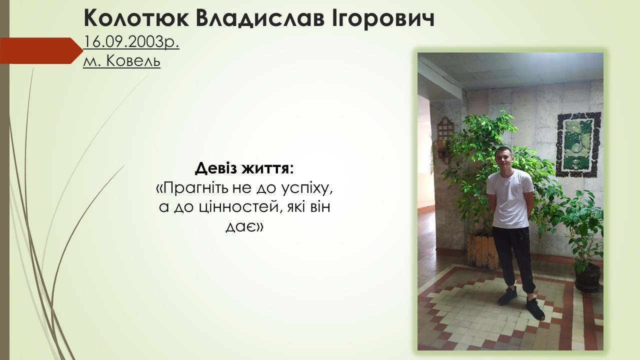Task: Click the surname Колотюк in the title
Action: (136, 18)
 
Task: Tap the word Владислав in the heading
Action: (260, 18)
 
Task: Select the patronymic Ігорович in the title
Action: (383, 17)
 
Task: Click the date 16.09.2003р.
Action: (131, 42)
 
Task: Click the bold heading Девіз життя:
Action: (244, 168)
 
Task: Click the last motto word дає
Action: (244, 227)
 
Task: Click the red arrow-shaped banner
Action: (41, 50)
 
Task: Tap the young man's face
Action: (505, 160)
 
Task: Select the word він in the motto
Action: (319, 207)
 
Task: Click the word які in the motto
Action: (294, 207)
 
